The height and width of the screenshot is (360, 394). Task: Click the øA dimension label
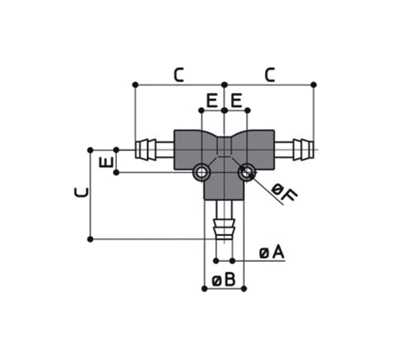(272, 253)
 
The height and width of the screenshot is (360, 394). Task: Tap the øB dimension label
(223, 280)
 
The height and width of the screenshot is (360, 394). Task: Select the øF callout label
(285, 193)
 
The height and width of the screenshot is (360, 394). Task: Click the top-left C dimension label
(179, 75)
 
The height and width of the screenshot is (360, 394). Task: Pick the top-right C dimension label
(270, 75)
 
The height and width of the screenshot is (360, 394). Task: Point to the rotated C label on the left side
(82, 193)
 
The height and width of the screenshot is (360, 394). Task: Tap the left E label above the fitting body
(212, 101)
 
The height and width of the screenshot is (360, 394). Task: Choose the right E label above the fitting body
(236, 101)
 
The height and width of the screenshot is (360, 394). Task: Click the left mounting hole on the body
(201, 173)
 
